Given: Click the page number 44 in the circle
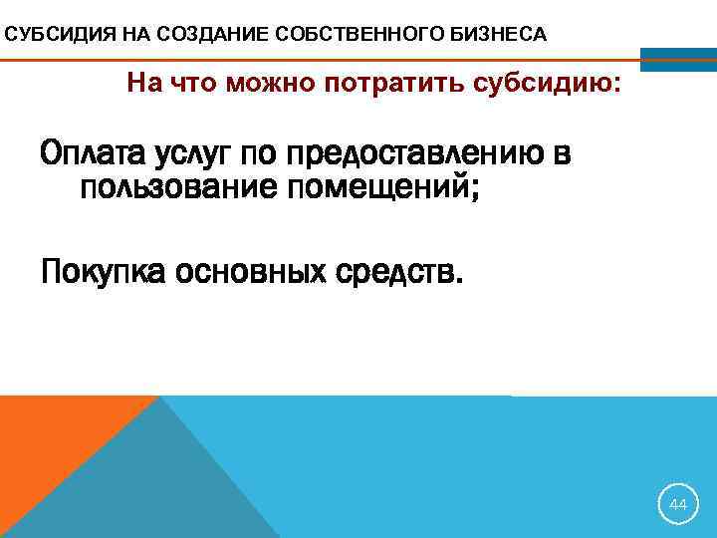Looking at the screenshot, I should tap(678, 505).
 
